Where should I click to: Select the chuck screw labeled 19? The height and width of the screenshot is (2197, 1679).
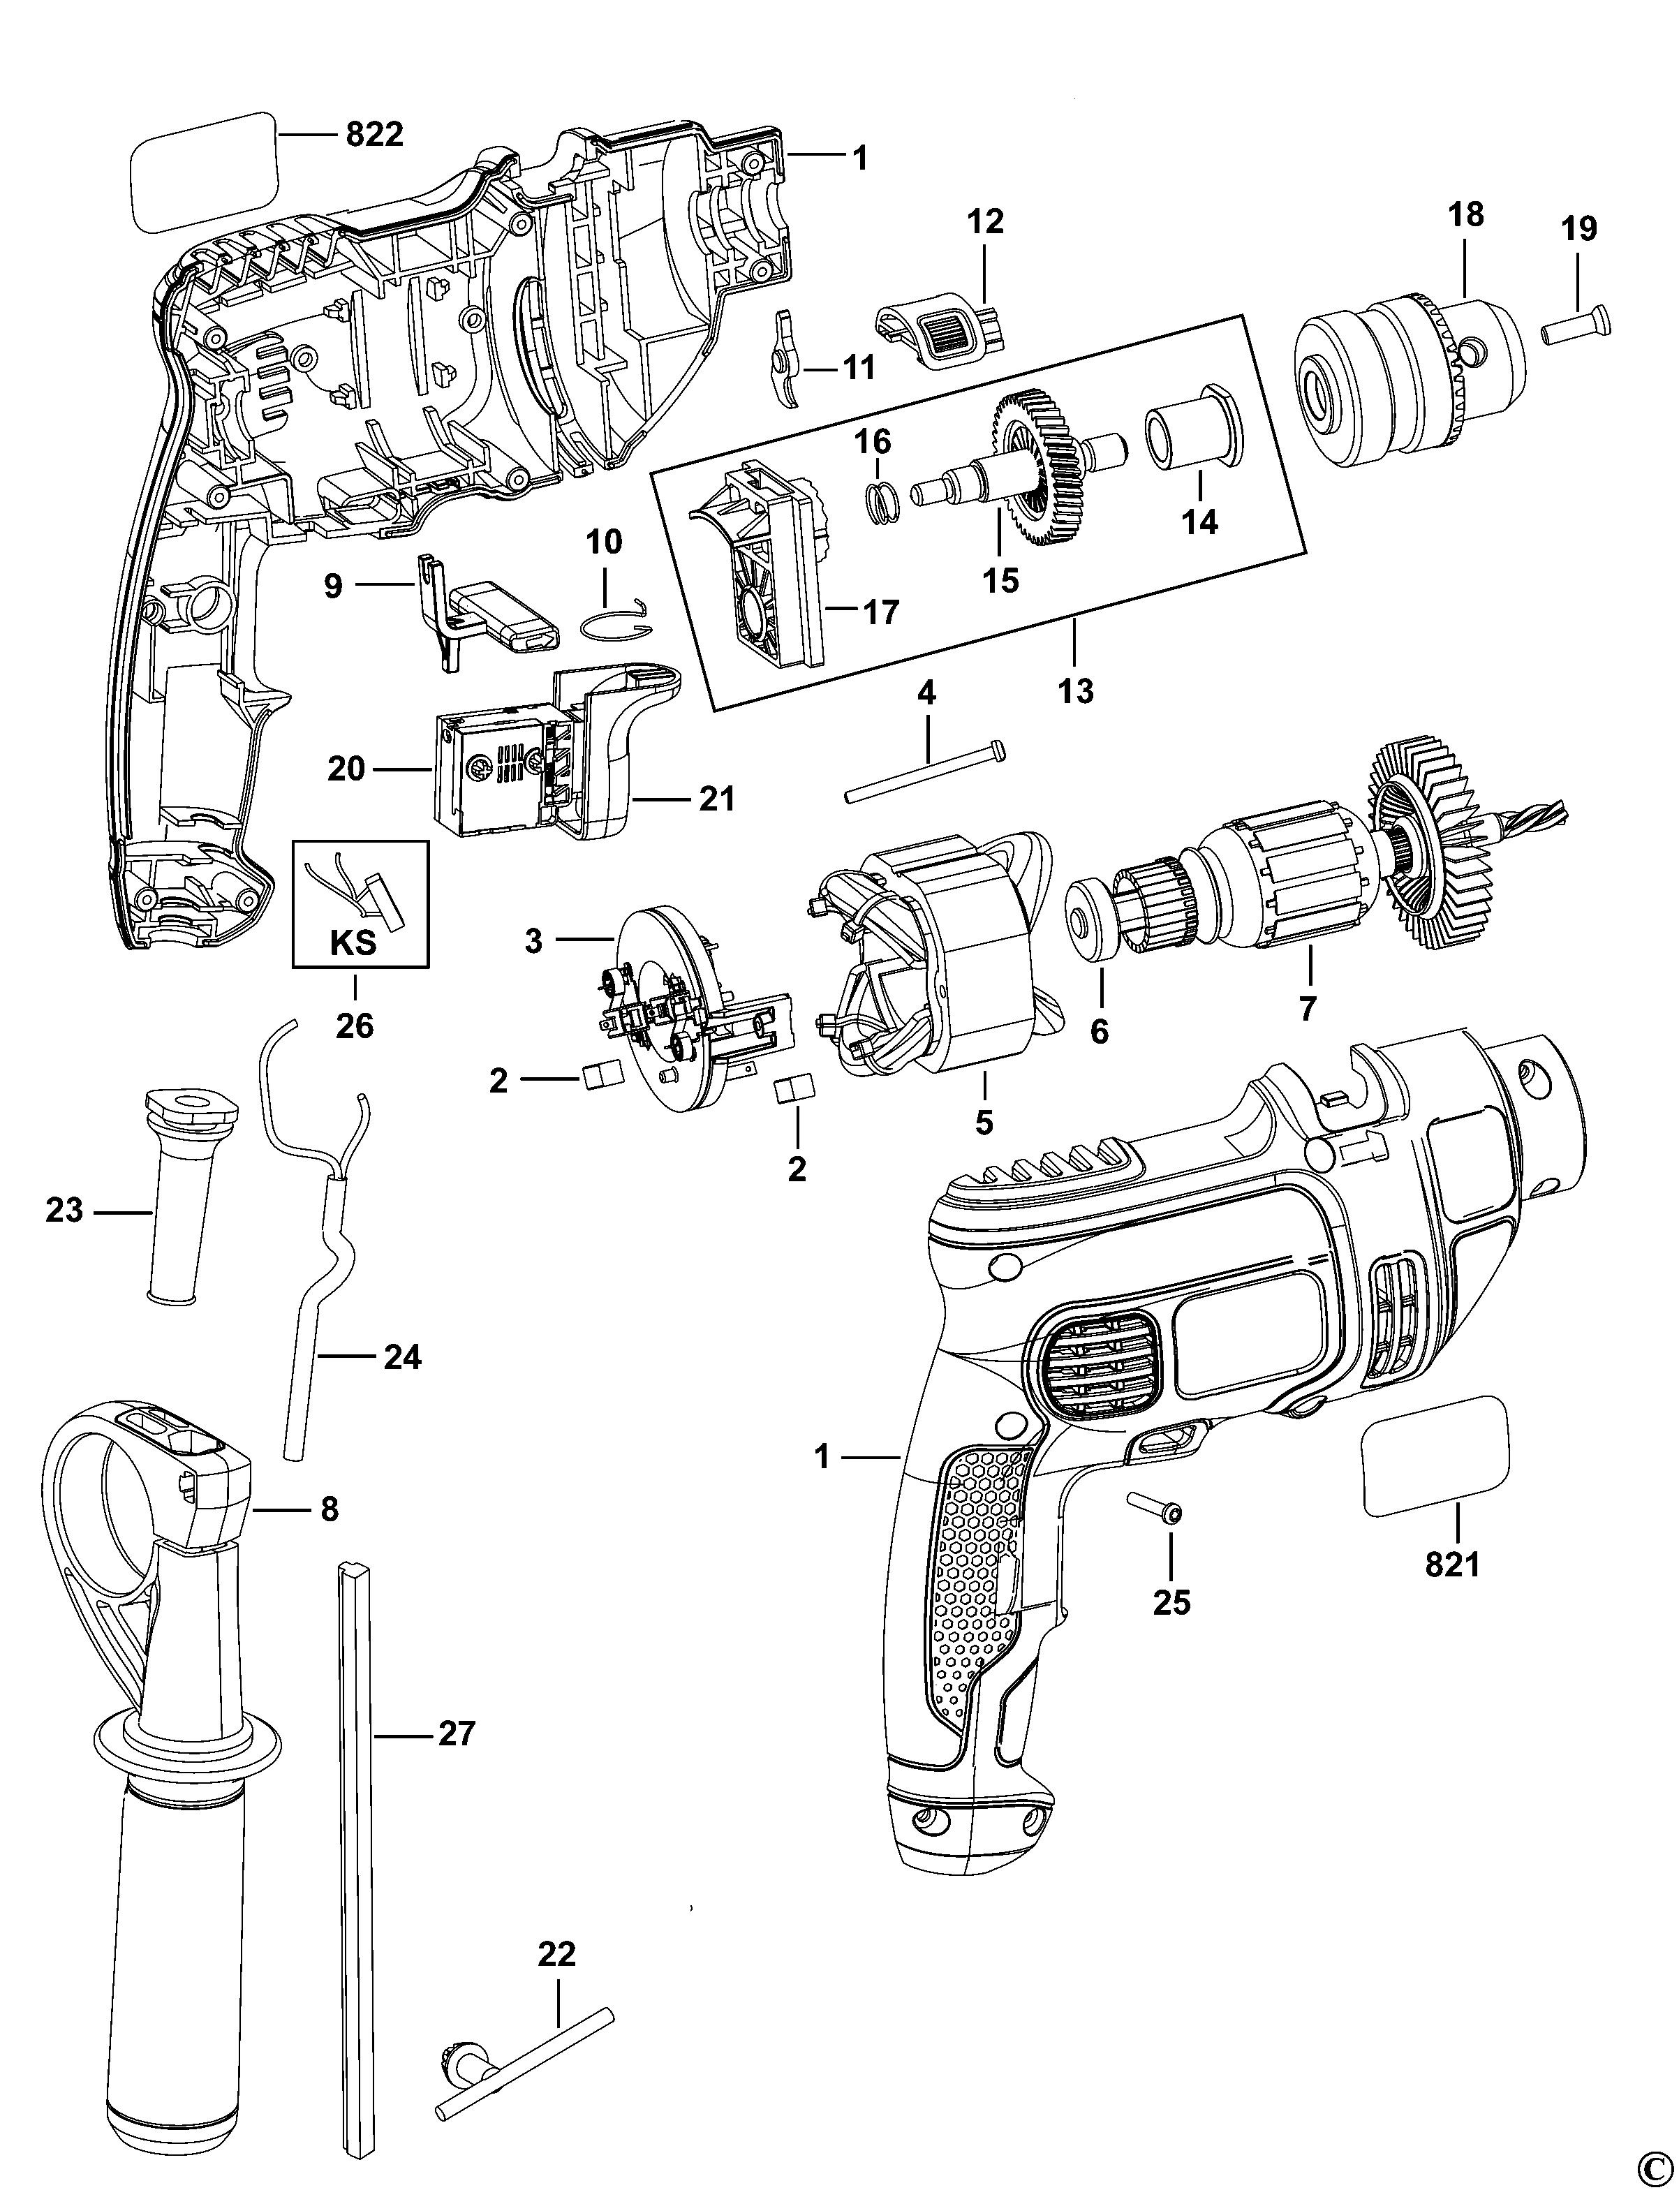tap(1577, 325)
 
